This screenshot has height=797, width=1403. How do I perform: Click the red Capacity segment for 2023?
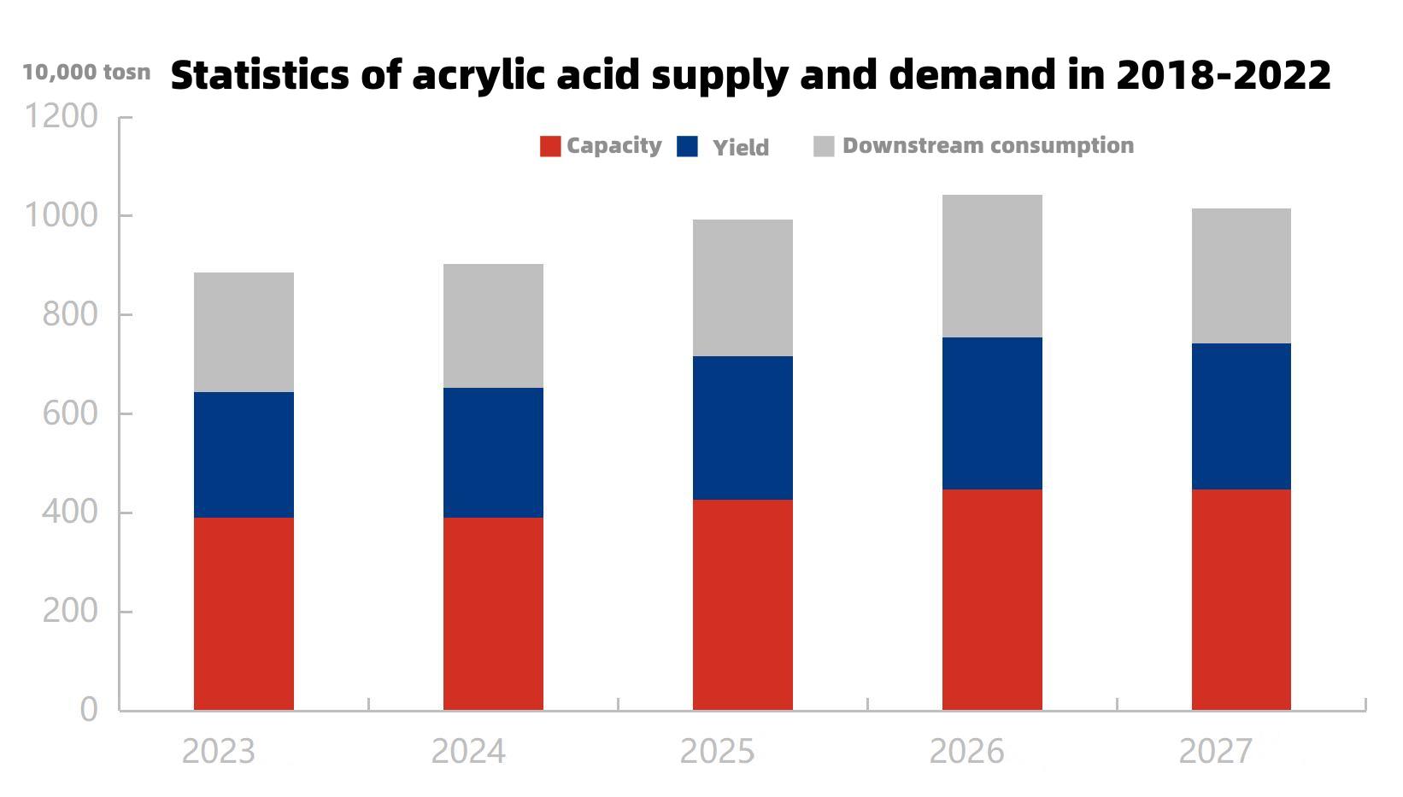point(244,613)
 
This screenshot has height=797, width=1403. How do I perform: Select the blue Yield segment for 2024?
point(493,453)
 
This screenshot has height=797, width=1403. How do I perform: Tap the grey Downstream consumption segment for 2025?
point(743,288)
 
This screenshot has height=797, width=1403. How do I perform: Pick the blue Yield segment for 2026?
point(992,413)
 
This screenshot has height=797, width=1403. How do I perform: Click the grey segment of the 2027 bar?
point(1241,276)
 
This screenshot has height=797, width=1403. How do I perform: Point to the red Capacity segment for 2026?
point(992,600)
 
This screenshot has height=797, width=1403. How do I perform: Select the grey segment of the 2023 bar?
point(244,332)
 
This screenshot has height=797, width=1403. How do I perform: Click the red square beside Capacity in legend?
point(550,146)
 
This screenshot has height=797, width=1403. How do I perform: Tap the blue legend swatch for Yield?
point(687,146)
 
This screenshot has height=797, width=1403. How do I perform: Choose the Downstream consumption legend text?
point(988,145)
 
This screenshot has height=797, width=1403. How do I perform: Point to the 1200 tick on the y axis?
point(61,116)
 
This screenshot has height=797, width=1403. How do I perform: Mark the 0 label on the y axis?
point(89,710)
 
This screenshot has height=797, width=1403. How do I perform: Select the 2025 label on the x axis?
point(717,752)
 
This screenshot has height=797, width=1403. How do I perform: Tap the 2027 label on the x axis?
point(1215,752)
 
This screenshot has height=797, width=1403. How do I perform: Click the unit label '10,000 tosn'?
point(86,73)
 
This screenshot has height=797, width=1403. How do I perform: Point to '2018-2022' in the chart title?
point(1224,75)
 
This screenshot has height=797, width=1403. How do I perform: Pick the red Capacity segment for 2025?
point(743,605)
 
